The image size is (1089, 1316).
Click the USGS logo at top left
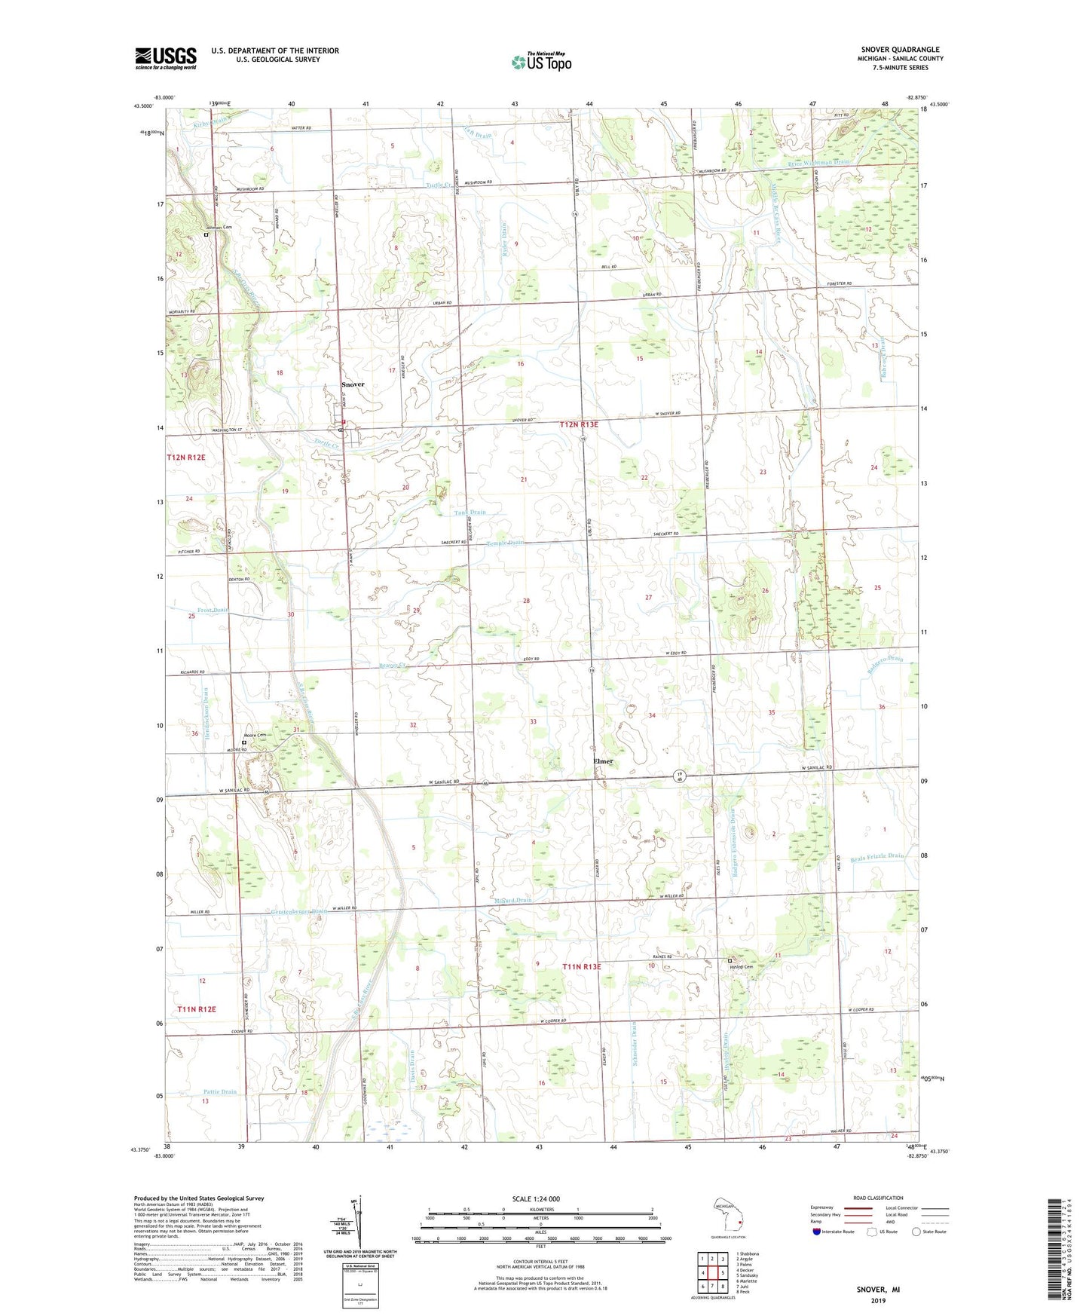tap(165, 58)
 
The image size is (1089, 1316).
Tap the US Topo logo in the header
tap(540, 62)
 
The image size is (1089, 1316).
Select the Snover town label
tap(353, 384)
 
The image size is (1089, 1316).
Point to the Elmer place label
tap(603, 761)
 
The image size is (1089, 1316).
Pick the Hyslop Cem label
tap(746, 967)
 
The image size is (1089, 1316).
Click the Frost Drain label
tap(213, 610)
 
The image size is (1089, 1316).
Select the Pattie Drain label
tap(219, 1091)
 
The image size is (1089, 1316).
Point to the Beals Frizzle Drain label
tap(876, 856)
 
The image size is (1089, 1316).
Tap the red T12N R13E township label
tap(579, 424)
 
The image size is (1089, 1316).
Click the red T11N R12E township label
tap(197, 1008)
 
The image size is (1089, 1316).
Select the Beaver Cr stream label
tap(392, 666)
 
